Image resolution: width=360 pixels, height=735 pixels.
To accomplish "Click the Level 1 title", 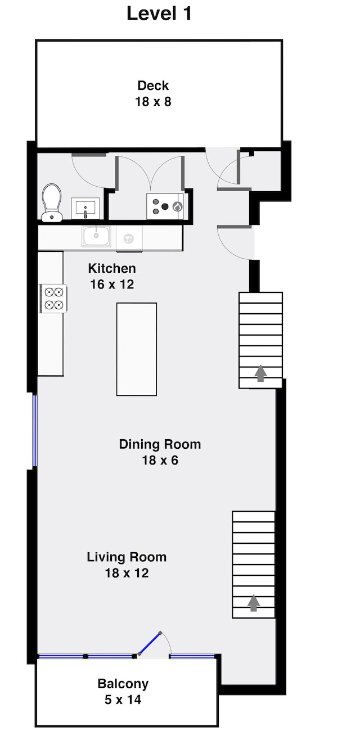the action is (x=159, y=14).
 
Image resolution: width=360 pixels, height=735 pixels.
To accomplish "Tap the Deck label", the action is (x=153, y=85).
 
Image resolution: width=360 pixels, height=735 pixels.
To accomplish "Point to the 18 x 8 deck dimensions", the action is (x=153, y=102).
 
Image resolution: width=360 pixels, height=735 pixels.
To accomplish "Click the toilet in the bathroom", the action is (x=52, y=202).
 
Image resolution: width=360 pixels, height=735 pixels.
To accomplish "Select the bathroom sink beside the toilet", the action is (x=85, y=208).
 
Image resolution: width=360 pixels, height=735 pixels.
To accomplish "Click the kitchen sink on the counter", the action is (x=96, y=236).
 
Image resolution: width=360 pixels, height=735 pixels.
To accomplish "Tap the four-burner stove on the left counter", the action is (x=53, y=298).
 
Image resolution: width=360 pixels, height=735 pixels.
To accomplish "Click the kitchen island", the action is (x=137, y=349).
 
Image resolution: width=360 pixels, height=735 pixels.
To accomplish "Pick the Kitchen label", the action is (x=112, y=268).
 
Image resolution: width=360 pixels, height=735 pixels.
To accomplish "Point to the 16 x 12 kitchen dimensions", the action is (x=112, y=284).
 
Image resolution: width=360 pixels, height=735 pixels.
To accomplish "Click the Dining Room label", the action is (x=160, y=444).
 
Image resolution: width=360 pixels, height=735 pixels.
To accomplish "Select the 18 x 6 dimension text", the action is (x=160, y=461).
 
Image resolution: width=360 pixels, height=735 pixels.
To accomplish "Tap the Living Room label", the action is (x=127, y=557).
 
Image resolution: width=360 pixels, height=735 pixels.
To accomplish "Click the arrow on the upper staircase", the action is (x=260, y=373).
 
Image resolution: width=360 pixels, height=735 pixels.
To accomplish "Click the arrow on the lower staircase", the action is (x=253, y=603).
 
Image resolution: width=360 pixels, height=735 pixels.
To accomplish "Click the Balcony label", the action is (x=123, y=684).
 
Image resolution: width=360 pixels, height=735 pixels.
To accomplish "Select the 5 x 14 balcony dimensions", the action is (x=123, y=700).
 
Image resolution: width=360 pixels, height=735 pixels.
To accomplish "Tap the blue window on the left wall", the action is (x=34, y=431).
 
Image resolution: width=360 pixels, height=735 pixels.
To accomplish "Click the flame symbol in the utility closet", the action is (x=178, y=207).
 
